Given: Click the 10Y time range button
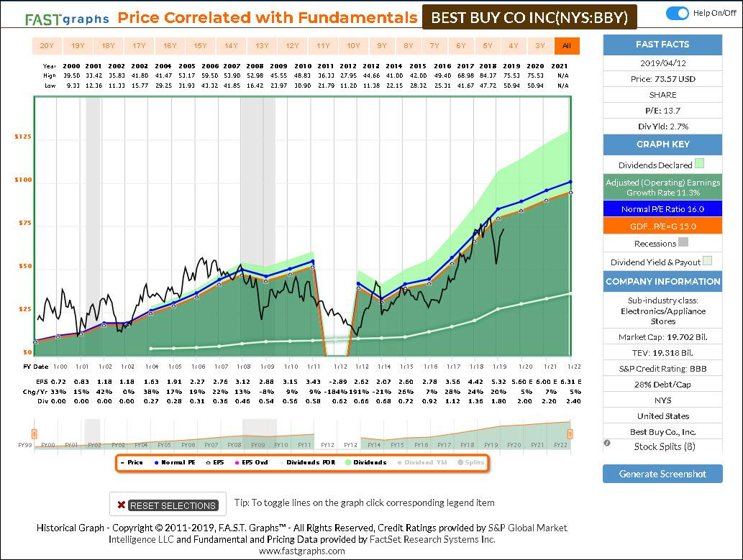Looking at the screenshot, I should coord(353,46).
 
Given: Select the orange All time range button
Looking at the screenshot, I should coord(566,46).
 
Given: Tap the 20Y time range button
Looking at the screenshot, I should coord(47,46).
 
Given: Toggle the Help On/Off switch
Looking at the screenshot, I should coord(678,13).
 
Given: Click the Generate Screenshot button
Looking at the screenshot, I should coord(662,474).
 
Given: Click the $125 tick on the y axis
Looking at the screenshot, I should coord(23,137).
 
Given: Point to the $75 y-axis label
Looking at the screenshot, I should coord(23,223).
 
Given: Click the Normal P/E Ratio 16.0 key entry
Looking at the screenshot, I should coord(662,209).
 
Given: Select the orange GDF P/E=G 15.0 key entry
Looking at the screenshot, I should coord(662,226).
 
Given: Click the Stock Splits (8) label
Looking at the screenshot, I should coord(663,446).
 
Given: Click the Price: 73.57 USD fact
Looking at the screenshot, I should coord(662,78).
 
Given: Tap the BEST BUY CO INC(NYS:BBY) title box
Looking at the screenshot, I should coord(529,16).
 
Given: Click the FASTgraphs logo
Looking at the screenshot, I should coord(67,18).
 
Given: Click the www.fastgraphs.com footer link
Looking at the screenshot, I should coord(301,551).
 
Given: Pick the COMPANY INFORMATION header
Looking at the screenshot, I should coord(662,281).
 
